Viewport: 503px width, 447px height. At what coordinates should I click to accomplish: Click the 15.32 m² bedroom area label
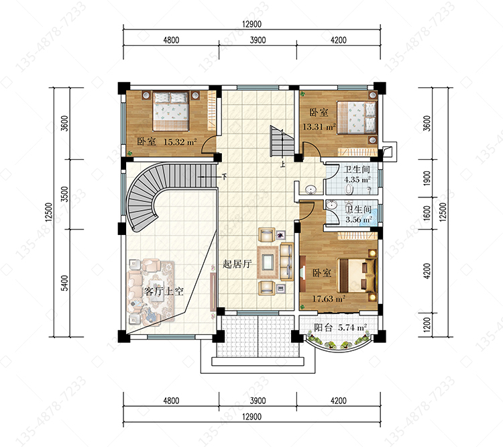180,142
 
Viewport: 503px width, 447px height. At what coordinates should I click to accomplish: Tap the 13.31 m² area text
319,127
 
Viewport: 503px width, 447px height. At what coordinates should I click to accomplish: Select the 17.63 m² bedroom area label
329,299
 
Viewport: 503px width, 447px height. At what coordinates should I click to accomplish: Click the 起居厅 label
237,264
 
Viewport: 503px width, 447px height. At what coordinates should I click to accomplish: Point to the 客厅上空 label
164,291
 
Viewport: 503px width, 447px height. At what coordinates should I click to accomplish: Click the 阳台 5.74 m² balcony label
340,328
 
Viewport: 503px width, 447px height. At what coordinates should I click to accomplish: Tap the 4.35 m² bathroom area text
357,179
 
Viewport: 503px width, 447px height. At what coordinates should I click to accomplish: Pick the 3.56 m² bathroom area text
359,220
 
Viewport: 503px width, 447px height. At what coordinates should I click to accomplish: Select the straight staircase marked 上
282,142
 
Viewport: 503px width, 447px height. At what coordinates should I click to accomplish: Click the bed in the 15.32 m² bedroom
170,111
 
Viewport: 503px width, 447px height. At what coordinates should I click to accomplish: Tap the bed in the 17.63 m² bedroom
357,276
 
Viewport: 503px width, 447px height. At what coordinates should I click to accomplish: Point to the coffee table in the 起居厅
268,262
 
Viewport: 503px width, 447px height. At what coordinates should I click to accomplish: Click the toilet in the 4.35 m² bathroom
349,189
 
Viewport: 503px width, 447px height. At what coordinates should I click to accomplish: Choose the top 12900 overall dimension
251,24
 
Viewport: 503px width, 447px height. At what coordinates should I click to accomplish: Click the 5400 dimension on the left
65,283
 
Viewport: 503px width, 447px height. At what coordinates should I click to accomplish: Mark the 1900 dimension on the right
427,179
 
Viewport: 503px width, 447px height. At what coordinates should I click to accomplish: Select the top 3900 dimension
258,40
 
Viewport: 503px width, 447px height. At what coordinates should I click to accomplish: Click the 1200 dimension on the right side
427,325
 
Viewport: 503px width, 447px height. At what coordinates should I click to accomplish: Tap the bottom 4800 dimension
171,401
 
